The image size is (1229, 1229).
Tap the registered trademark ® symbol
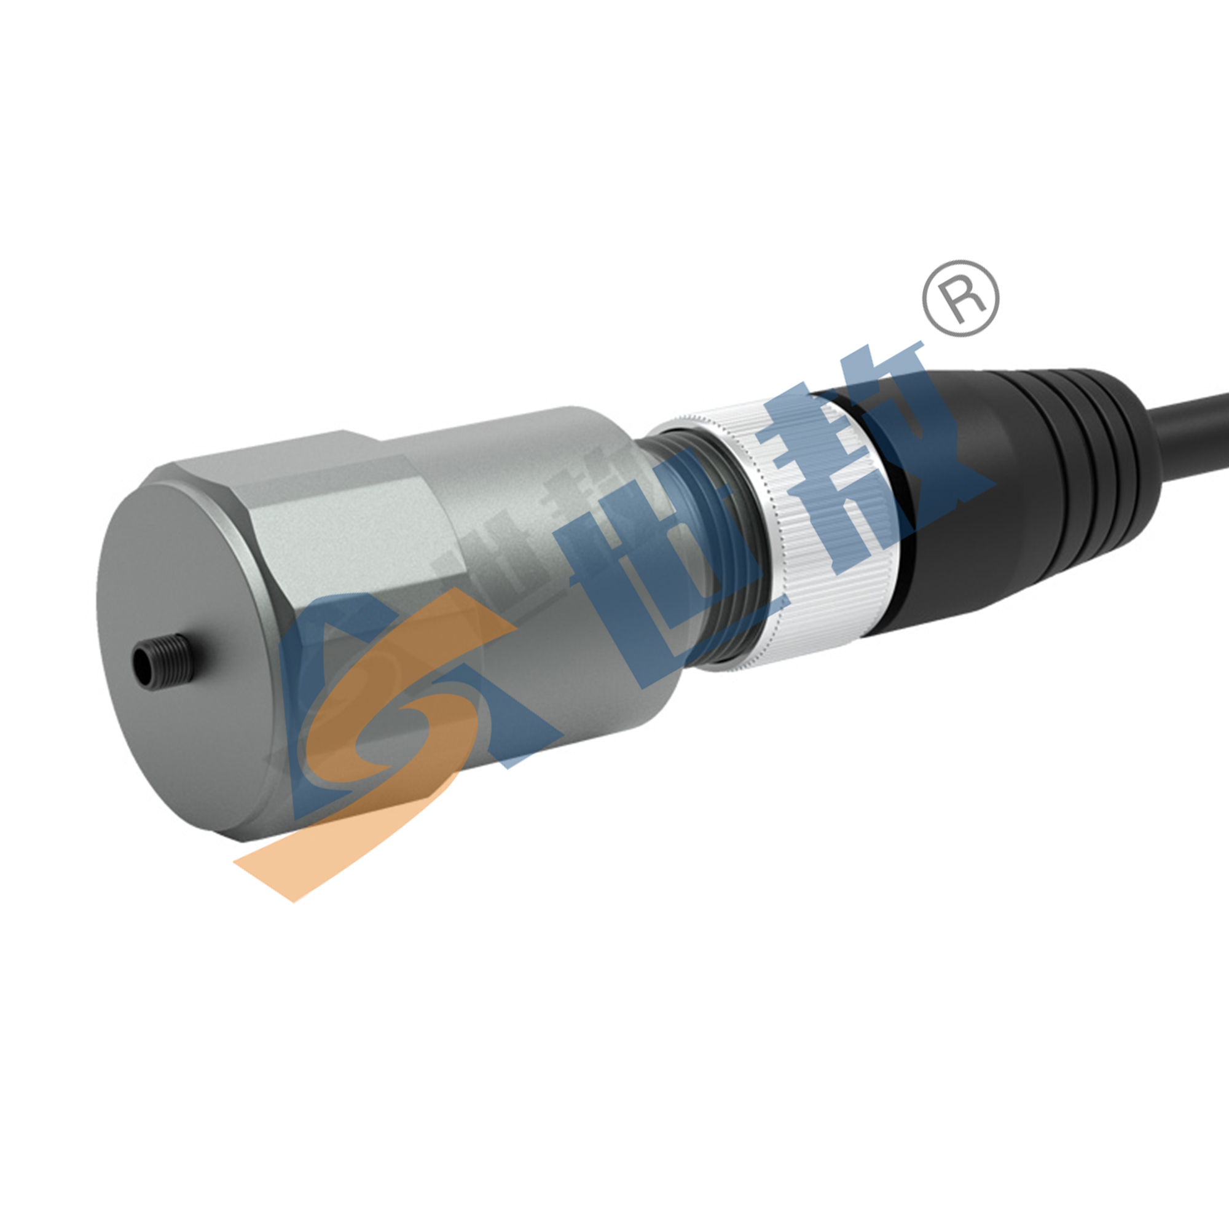pos(960,299)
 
